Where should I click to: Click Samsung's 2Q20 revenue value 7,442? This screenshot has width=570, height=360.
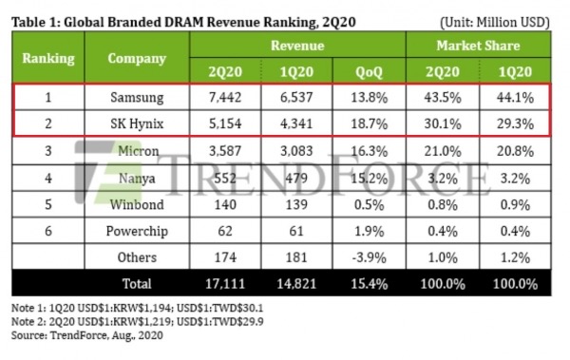225,98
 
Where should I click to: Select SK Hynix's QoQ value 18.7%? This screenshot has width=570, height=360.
369,123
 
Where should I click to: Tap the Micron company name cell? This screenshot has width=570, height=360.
138,151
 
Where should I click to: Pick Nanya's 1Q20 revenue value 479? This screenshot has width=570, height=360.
296,179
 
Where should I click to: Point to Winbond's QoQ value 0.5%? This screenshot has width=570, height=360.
369,205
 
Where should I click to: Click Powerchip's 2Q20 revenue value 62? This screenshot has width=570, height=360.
225,231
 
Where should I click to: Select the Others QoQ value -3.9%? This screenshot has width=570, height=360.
369,257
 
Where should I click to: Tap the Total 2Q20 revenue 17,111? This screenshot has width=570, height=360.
225,284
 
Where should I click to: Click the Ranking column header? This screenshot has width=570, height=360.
48,58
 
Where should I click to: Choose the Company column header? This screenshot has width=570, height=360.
137,58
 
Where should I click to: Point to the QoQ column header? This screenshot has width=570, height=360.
369,71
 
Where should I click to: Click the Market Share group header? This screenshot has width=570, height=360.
479,46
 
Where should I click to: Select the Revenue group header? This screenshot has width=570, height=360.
297,46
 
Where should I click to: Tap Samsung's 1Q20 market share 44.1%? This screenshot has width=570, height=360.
515,98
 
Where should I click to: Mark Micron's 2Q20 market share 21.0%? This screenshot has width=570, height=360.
443,151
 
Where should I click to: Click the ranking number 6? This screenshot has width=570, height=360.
48,231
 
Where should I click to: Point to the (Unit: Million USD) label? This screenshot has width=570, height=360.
495,23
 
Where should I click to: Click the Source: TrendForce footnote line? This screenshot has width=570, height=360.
86,335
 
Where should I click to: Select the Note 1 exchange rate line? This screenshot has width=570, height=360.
137,308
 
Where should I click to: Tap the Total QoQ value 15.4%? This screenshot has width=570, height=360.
369,284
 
